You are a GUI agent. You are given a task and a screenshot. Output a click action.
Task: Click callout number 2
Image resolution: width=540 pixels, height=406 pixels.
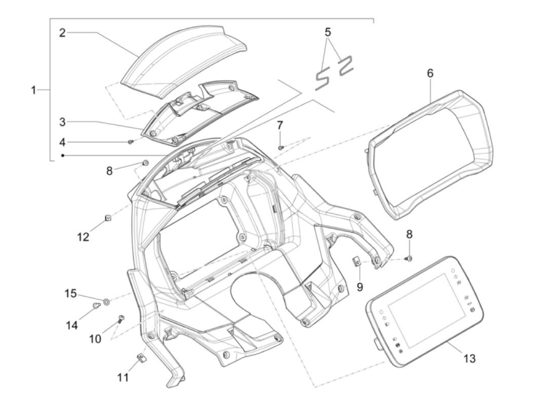(x=62, y=33)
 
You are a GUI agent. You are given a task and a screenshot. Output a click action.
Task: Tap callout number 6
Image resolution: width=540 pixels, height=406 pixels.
(x=430, y=73)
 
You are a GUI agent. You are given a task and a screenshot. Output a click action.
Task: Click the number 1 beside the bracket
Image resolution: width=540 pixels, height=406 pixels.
(x=34, y=90)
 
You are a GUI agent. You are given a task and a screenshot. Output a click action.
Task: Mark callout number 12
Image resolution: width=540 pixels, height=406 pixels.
(x=83, y=237)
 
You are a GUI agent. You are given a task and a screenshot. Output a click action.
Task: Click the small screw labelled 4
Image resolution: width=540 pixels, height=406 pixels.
(x=131, y=142)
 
